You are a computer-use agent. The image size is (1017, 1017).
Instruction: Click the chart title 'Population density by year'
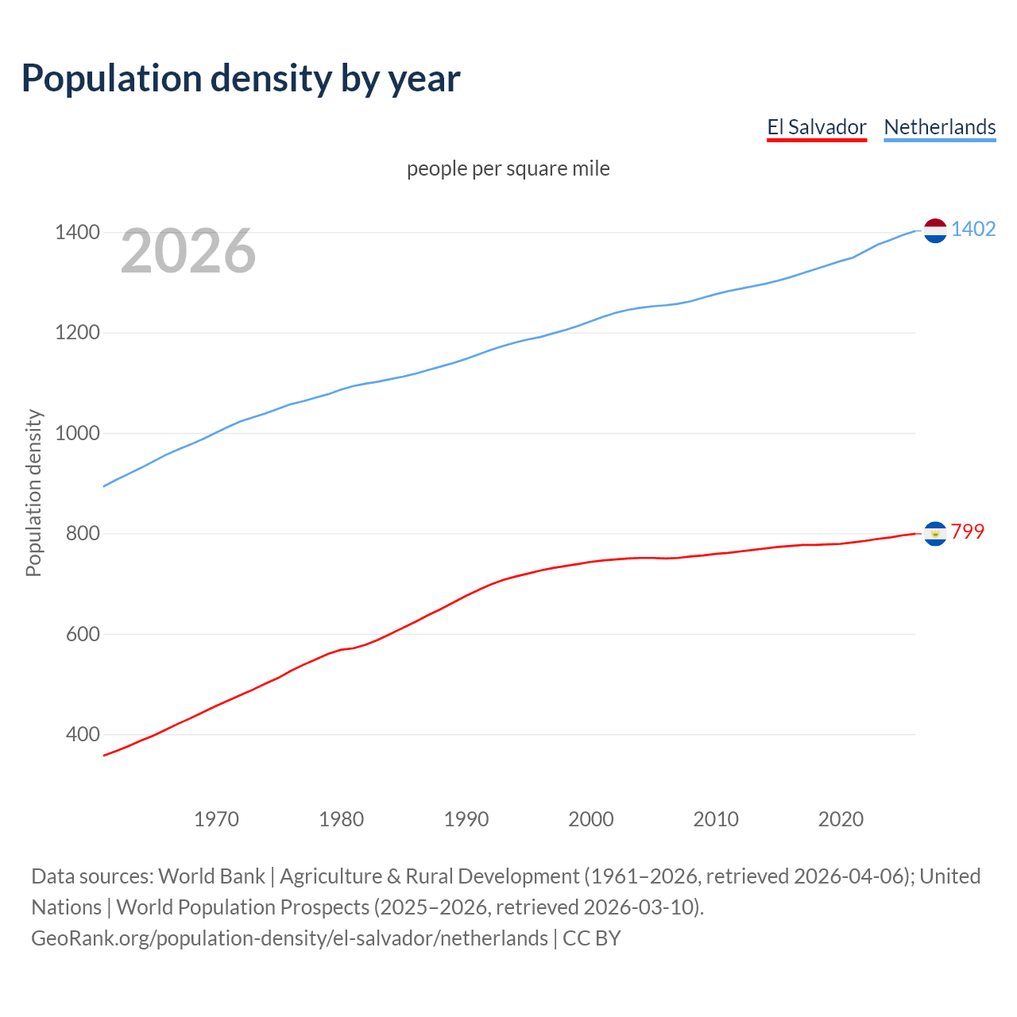[241, 79]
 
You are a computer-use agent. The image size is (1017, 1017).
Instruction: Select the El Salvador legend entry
[816, 127]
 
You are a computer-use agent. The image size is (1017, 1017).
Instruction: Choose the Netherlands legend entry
[939, 127]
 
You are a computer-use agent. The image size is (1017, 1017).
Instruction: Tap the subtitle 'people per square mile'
[508, 168]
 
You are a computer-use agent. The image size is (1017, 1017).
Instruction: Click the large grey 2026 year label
[188, 251]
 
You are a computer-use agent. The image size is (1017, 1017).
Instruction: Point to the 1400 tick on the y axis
[77, 233]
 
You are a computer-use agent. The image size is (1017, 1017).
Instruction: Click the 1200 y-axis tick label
[77, 333]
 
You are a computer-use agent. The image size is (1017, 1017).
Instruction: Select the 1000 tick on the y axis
[77, 434]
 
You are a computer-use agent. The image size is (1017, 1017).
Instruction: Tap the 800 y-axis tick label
[83, 534]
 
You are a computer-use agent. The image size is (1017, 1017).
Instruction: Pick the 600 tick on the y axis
[83, 634]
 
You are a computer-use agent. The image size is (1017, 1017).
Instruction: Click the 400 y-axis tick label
[83, 735]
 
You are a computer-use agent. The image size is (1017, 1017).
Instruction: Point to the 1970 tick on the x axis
[216, 819]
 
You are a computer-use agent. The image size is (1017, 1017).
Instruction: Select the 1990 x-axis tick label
[466, 819]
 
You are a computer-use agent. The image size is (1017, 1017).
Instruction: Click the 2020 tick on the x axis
[841, 819]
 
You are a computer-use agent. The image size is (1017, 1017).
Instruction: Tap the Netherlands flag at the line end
[935, 230]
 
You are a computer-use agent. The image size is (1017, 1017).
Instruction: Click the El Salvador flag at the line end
[935, 534]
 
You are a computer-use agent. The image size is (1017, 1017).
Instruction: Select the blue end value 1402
[973, 229]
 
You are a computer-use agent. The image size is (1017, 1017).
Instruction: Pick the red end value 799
[968, 532]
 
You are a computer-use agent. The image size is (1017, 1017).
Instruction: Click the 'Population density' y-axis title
[33, 493]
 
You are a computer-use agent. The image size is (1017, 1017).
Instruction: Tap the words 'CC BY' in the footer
[591, 938]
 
